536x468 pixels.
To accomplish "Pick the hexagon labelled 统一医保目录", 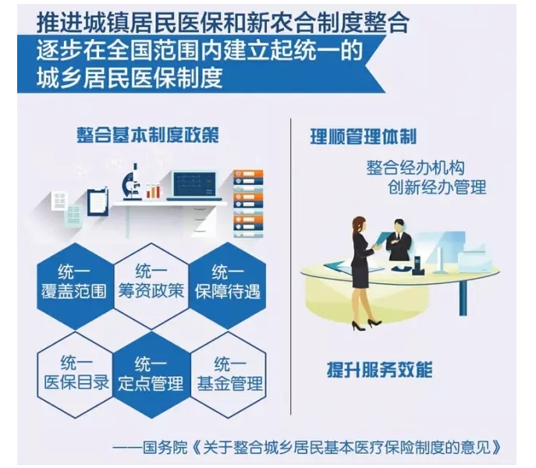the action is pos(75,374).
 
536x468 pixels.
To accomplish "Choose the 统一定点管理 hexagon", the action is pos(151,374).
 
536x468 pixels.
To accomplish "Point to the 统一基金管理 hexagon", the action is pos(229,374).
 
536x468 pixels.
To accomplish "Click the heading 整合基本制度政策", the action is pos(147,135).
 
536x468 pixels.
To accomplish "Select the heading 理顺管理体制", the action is pos(364,136).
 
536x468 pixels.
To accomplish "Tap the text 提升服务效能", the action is pos(380,370).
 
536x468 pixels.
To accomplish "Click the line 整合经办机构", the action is pos(415,168).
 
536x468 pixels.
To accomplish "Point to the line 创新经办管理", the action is pos(437,187).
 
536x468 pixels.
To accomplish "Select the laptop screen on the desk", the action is pos(194,184).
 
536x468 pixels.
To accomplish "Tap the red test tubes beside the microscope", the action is pos(154,191).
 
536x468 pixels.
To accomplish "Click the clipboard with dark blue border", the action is pos(98,202).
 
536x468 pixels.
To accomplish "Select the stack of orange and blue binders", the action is pos(248,204).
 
